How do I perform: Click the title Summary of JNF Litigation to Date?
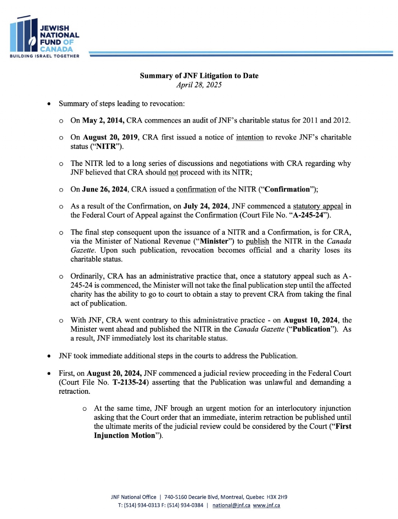[199, 76]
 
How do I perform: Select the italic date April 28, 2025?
[199, 85]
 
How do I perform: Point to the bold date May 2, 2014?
[103, 120]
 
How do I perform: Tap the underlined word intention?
[250, 137]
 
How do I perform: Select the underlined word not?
[173, 172]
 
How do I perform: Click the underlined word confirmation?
[196, 189]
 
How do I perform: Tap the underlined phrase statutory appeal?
[318, 206]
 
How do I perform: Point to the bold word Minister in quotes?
[214, 241]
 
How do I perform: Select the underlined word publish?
[257, 241]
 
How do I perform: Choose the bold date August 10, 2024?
[310, 320]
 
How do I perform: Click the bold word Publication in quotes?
[311, 329]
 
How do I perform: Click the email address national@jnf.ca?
[231, 505]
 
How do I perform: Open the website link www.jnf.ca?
[266, 505]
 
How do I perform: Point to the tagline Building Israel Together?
[44, 56]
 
